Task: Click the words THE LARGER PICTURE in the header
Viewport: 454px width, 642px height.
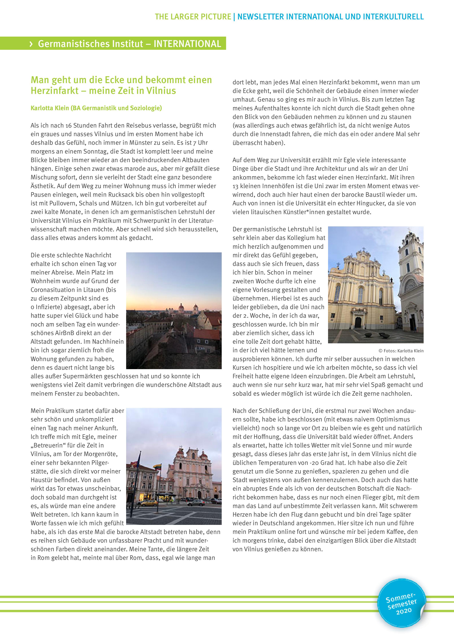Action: pos(193,17)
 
